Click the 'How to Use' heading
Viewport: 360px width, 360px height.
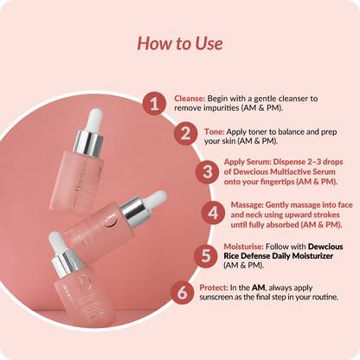pyautogui.click(x=180, y=43)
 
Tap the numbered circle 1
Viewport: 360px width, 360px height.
pyautogui.click(x=153, y=104)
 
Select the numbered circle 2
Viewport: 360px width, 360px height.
pyautogui.click(x=184, y=134)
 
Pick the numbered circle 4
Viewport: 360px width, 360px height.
pyautogui.click(x=212, y=212)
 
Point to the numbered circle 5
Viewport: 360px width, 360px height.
pyautogui.click(x=203, y=254)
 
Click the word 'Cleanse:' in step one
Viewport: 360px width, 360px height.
pyautogui.click(x=189, y=99)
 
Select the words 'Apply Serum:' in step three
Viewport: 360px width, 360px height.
pyautogui.click(x=248, y=161)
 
